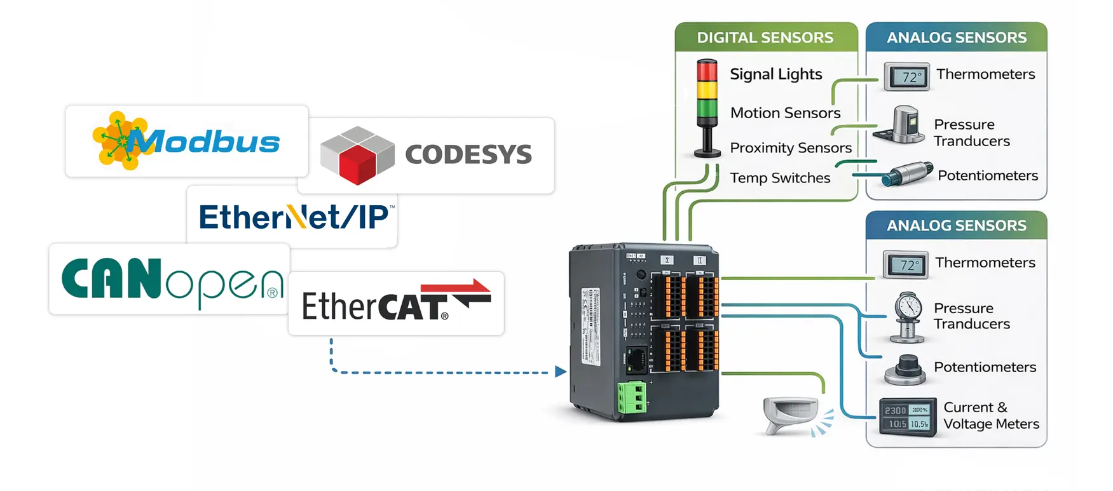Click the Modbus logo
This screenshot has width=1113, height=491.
(x=186, y=141)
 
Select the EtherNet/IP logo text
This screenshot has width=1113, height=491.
(x=293, y=217)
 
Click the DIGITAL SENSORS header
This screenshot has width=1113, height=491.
(x=765, y=37)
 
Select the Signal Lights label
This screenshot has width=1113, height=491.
(x=776, y=74)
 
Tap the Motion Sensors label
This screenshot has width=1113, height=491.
(x=785, y=113)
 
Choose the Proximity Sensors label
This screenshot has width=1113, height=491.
(x=791, y=148)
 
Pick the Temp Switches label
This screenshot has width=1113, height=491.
(x=780, y=178)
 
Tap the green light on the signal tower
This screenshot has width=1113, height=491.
(x=707, y=112)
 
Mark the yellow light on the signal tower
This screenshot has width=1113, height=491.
(x=707, y=91)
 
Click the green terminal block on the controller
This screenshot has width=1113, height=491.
(x=631, y=398)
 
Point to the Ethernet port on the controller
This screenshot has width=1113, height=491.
(x=636, y=360)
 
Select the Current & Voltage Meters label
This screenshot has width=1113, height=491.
(x=991, y=416)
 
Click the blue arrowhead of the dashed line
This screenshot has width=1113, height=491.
(x=560, y=372)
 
